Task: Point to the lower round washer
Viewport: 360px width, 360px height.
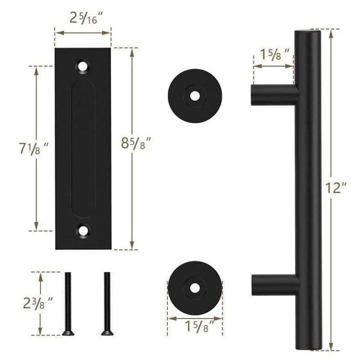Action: (194, 286)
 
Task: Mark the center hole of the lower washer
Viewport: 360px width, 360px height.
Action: (195, 286)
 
